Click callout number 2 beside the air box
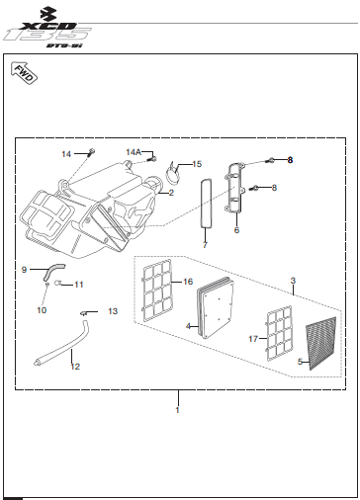coord(171,193)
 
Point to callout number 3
coord(293,281)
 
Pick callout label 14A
coord(134,152)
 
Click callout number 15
coord(197,164)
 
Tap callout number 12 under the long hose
coord(74,367)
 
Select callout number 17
coord(255,339)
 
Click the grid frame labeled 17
coord(282,332)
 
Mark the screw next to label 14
coord(90,151)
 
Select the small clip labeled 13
coord(87,314)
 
